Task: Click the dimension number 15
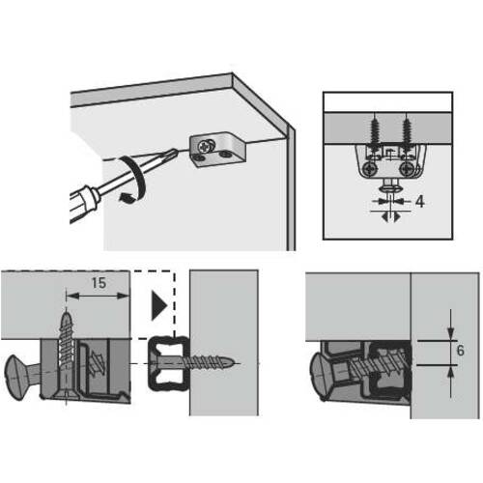99,283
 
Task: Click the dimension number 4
419,202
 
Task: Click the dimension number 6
461,351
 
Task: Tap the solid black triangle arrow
159,305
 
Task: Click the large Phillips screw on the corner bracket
205,146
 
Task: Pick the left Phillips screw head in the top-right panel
369,169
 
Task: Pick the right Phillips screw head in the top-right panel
406,169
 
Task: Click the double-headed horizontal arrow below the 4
390,217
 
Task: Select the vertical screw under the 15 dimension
67,354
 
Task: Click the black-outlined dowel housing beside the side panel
168,363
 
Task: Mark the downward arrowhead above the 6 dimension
451,333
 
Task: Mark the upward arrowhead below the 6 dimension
451,372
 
